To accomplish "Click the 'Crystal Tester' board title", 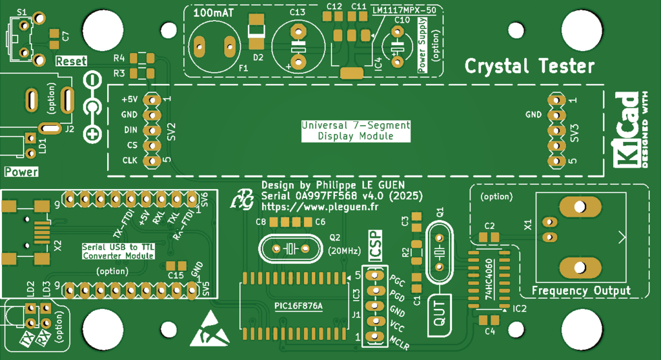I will pos(529,66).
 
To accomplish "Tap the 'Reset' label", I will pos(71,61).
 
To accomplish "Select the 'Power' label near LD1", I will pos(21,172).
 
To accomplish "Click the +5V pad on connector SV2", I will pos(151,100).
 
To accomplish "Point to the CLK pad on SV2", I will pos(151,161).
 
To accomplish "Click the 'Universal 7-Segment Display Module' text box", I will pos(356,131).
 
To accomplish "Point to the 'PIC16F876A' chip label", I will pos(298,305).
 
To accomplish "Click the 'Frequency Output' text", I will pos(581,291).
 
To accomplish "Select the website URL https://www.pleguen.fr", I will pos(320,207).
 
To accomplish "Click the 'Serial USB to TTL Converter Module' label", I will pos(118,252).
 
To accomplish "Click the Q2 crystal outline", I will pos(289,248).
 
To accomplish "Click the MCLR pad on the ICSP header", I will pos(371,337).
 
